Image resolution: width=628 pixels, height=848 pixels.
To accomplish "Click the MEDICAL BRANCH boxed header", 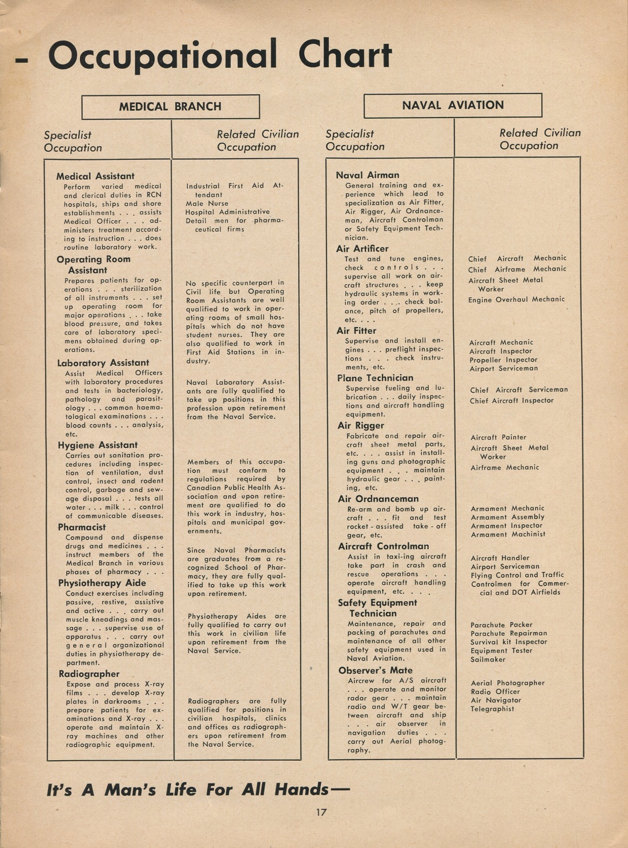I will pos(170,107).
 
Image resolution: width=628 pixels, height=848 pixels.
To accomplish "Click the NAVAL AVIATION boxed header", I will pos(453,106).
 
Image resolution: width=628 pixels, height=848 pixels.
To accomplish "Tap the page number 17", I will pos(321,812).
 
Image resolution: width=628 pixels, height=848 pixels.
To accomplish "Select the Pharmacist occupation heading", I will pos(82,527).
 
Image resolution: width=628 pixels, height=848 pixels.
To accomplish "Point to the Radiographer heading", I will pos(88,674).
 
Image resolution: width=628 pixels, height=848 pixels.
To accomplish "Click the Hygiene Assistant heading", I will pos(98,445).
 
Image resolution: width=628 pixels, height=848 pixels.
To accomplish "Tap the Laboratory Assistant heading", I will pos(103,363).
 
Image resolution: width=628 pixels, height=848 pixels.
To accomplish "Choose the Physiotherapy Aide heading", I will pos(102,583).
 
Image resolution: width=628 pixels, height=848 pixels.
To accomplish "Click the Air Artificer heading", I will pos(362,249).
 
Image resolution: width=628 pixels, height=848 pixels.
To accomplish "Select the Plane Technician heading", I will pos(375,378).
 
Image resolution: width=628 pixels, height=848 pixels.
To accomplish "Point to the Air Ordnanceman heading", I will pos(378,499).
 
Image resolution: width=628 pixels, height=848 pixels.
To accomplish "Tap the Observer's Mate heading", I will pos(375,671).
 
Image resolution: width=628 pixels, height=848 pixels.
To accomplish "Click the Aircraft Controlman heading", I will pos(383,546).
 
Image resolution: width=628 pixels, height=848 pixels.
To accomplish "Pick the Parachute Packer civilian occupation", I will pos(501,625).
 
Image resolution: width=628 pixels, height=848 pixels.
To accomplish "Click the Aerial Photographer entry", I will pos(508,683).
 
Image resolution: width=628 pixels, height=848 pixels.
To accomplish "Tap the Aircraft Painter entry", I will pos(498,437).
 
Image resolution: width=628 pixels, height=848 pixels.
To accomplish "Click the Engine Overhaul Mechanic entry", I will pos(516,300).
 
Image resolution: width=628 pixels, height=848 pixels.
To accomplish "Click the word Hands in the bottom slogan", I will pos(301,790).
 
